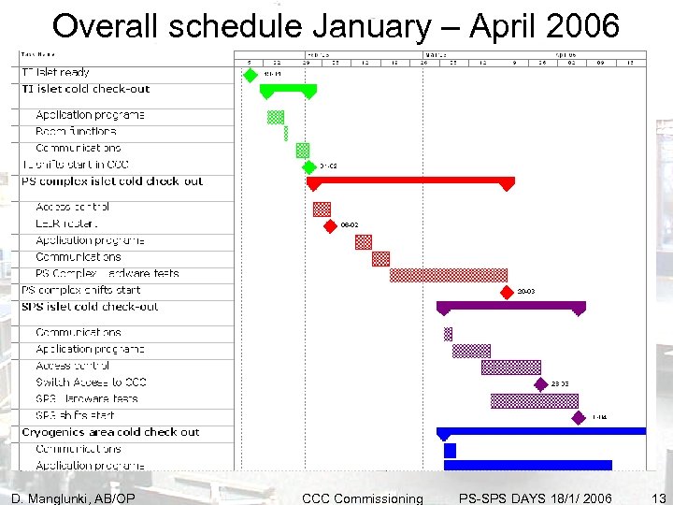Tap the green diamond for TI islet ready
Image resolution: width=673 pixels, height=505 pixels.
click(x=250, y=73)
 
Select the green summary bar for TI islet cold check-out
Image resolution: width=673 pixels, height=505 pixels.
click(x=288, y=89)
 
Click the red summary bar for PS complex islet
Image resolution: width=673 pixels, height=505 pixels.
click(x=410, y=180)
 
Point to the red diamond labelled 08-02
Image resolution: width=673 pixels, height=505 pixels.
click(x=329, y=225)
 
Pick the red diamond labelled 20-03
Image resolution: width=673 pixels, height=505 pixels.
click(x=508, y=291)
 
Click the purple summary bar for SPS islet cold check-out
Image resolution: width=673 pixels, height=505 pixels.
click(x=510, y=305)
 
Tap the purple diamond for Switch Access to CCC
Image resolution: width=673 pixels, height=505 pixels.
click(x=540, y=383)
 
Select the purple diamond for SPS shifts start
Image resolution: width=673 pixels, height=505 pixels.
click(x=581, y=417)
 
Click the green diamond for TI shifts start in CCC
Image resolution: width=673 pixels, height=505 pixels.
click(x=309, y=166)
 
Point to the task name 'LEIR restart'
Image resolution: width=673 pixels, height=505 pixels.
click(x=65, y=224)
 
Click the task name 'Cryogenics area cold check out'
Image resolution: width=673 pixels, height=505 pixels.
click(x=110, y=432)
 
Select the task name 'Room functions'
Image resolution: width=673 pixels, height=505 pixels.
click(x=76, y=131)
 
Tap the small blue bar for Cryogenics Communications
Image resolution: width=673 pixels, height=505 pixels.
click(x=450, y=450)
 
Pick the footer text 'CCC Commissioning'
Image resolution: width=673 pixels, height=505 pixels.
click(x=362, y=498)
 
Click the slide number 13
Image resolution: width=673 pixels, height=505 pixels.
click(x=659, y=498)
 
